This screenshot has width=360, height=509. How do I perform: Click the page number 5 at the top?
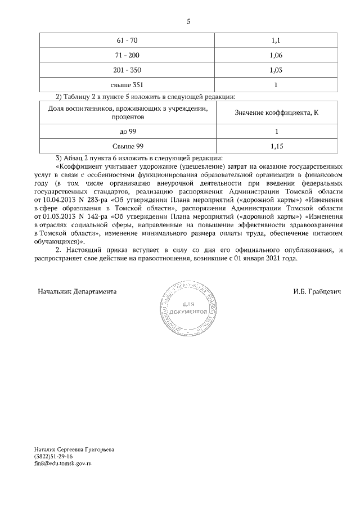click(188, 22)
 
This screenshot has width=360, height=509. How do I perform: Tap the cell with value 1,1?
click(276, 40)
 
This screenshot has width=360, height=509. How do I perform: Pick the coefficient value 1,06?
click(276, 55)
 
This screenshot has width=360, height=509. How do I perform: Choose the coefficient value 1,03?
click(276, 70)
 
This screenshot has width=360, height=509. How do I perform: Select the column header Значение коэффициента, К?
click(276, 112)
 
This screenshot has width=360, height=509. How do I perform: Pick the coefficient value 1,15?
click(276, 146)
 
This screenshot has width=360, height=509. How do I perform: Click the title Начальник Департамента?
click(77, 292)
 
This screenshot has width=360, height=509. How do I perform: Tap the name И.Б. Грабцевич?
click(317, 292)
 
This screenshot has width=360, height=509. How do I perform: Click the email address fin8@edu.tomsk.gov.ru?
click(62, 463)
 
